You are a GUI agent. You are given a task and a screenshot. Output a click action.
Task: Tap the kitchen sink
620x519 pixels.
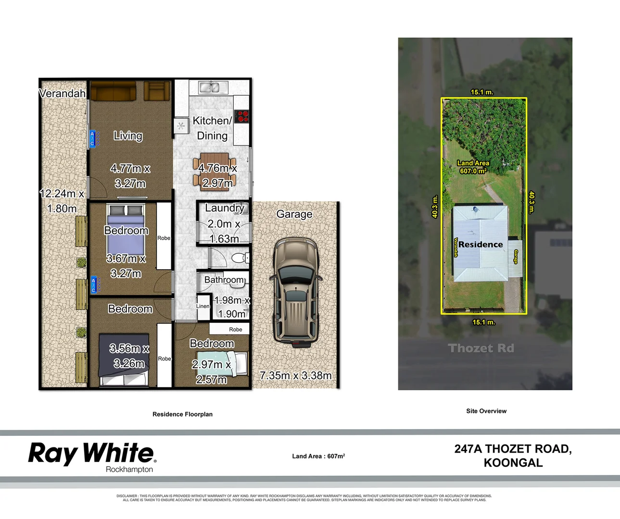[x=210, y=87]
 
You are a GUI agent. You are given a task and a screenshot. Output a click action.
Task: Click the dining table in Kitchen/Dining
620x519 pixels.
[x=215, y=172]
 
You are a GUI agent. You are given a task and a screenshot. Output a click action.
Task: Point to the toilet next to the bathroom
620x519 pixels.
[x=239, y=258]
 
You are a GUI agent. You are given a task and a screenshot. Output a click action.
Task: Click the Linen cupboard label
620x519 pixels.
[x=203, y=306]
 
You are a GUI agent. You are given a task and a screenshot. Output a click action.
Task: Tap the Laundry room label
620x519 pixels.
[x=224, y=208]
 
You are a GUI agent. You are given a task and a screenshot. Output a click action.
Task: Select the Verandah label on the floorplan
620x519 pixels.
[x=63, y=94]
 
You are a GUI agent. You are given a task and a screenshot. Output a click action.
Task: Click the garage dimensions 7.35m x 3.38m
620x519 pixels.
[x=295, y=375]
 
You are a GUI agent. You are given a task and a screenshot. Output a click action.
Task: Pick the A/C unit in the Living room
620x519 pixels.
[x=93, y=138]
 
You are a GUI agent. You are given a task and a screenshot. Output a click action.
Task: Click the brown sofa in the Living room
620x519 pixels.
[x=113, y=91]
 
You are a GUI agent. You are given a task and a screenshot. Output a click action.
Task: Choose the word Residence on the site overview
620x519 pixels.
[x=481, y=245]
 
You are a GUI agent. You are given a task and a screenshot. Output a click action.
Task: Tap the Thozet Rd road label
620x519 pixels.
[x=481, y=348]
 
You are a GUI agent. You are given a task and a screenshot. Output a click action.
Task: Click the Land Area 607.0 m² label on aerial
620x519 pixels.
[x=473, y=167]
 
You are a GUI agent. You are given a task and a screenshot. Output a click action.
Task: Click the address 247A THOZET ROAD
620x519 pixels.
[x=513, y=449]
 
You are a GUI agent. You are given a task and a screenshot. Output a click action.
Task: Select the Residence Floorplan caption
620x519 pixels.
[x=182, y=414]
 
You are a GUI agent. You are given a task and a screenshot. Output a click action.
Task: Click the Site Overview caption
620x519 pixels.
[x=486, y=411]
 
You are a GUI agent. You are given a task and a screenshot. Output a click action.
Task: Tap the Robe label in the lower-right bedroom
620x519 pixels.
[x=236, y=329]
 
